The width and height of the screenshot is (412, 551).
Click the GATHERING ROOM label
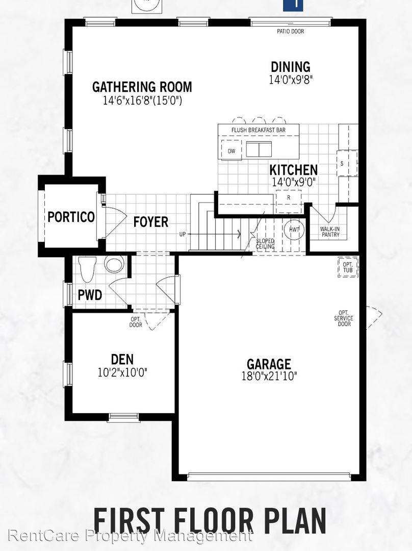point(142,87)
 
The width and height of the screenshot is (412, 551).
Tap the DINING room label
point(290,67)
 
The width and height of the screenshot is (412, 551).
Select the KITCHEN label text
point(293,170)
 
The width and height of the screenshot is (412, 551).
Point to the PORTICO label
point(71,217)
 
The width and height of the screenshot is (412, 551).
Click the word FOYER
point(151,222)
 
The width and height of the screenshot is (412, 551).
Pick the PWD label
point(90,295)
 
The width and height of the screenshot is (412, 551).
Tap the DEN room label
point(122,360)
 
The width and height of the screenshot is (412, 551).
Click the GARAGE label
point(269,364)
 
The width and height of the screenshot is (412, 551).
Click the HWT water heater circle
point(294,230)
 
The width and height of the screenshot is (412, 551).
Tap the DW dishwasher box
point(231,151)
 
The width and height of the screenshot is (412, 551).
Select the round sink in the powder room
point(114,265)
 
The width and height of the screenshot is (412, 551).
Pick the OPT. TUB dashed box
point(348,267)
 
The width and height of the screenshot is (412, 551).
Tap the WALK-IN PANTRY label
point(330,232)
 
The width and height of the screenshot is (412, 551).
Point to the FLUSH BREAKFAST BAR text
point(258,130)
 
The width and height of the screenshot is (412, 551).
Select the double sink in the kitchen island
point(259,149)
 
